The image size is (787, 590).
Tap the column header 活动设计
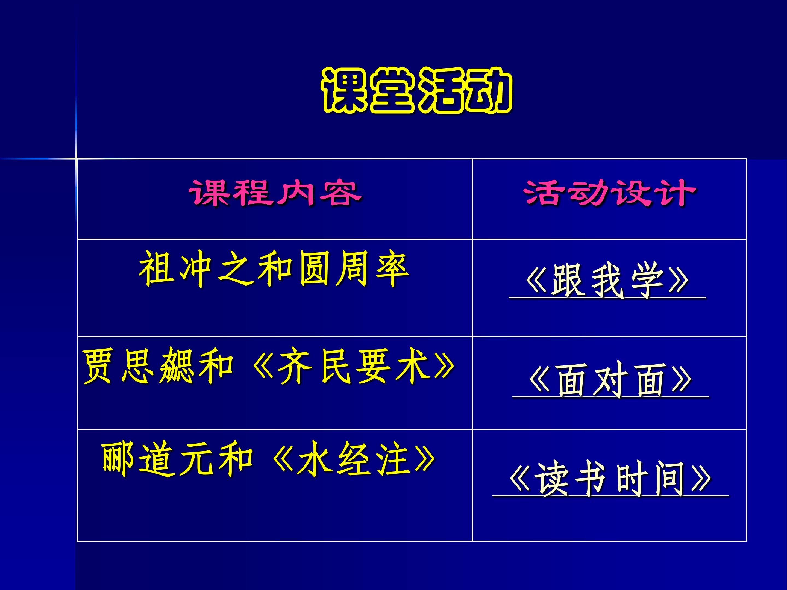(x=609, y=193)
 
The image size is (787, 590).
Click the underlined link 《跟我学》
(x=607, y=281)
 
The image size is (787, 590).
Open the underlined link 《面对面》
(x=610, y=380)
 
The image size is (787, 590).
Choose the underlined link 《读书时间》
(x=610, y=479)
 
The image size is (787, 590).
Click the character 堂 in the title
(x=392, y=91)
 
